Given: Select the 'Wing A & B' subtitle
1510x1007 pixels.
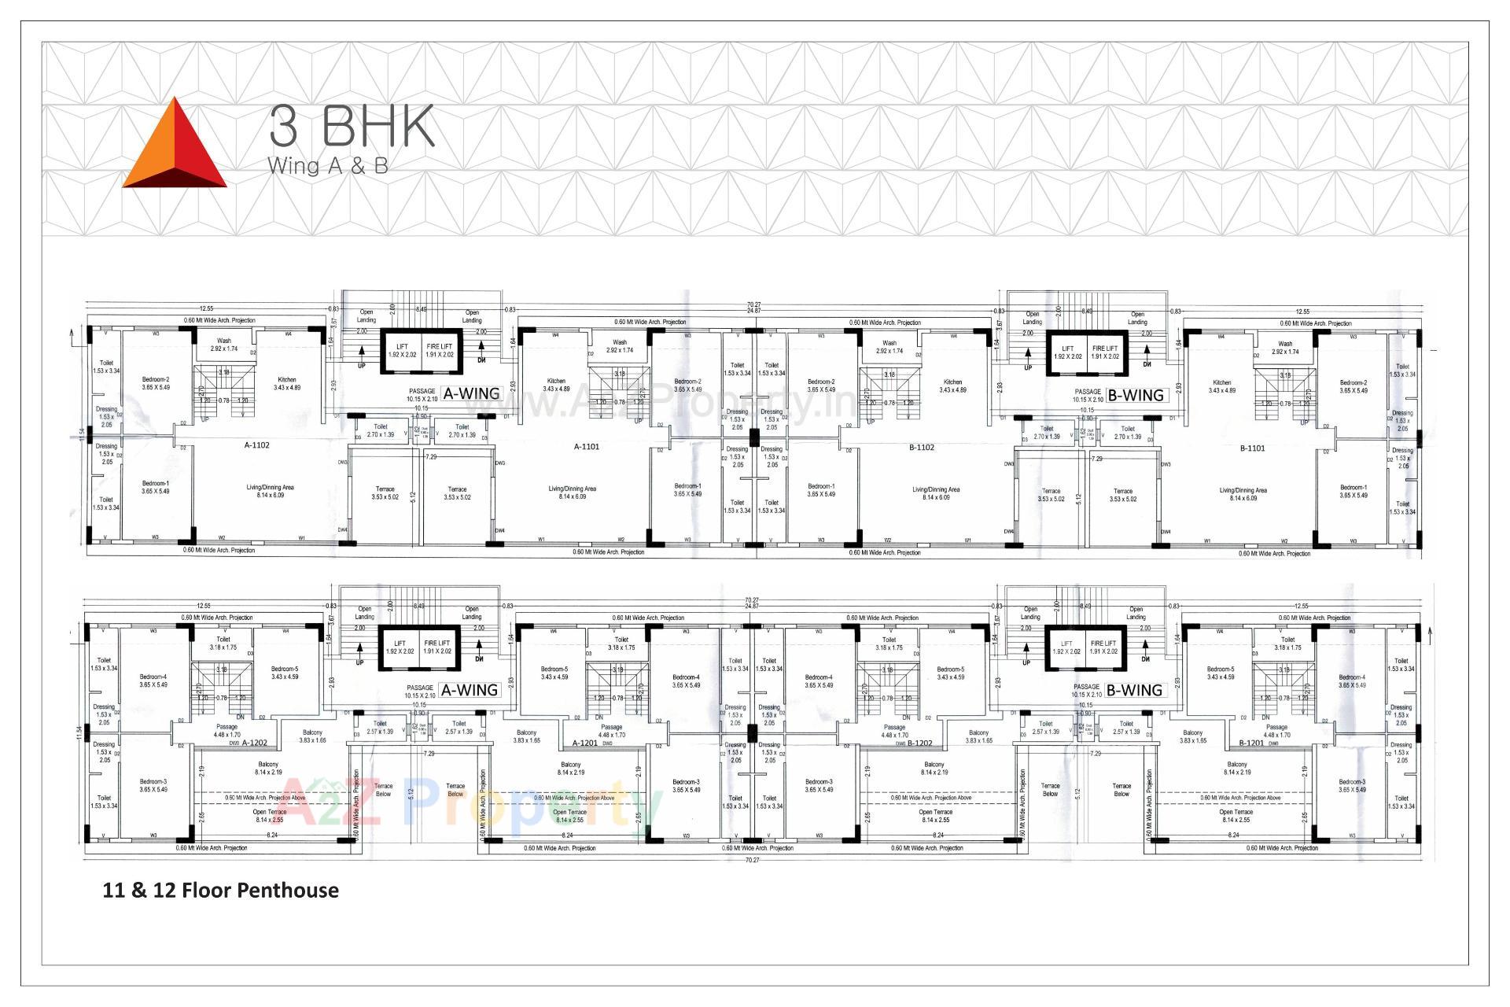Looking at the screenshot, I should (x=327, y=167).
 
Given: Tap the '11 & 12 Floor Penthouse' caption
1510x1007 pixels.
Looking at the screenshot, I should (x=221, y=891).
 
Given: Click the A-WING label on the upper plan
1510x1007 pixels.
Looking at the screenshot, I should (x=471, y=394).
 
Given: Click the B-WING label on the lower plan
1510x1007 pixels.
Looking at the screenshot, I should (x=1133, y=690).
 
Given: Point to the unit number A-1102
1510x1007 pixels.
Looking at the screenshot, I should (x=256, y=445).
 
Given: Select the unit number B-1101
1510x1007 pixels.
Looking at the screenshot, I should (x=1252, y=448).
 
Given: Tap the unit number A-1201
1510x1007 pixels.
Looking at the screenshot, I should (x=585, y=743).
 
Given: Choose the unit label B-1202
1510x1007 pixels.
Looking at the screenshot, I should (x=919, y=743).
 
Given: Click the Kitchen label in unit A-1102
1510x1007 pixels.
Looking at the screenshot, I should (x=287, y=384).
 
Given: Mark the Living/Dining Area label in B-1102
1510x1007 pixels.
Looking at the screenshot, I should (x=936, y=493).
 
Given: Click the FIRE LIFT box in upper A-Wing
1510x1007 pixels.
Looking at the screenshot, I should (x=440, y=351).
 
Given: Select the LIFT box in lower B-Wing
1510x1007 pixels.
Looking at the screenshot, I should (x=1066, y=647).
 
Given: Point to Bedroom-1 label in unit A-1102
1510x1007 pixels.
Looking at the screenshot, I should (x=156, y=487).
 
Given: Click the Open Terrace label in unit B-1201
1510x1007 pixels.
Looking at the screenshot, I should (x=1236, y=816).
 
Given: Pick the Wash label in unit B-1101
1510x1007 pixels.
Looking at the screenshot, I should (x=1285, y=347).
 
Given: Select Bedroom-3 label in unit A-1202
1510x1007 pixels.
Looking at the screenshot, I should (x=153, y=785).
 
